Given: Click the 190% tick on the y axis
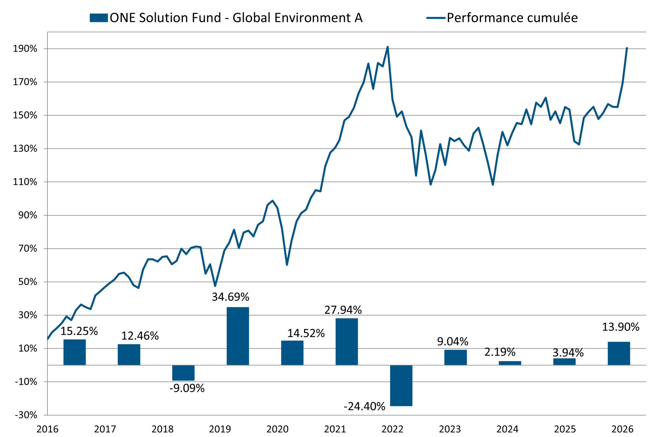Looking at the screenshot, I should click(25, 49).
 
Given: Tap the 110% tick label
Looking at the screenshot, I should click(25, 182).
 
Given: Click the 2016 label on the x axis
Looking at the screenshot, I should click(47, 429).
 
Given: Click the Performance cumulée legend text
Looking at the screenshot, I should click(512, 18).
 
